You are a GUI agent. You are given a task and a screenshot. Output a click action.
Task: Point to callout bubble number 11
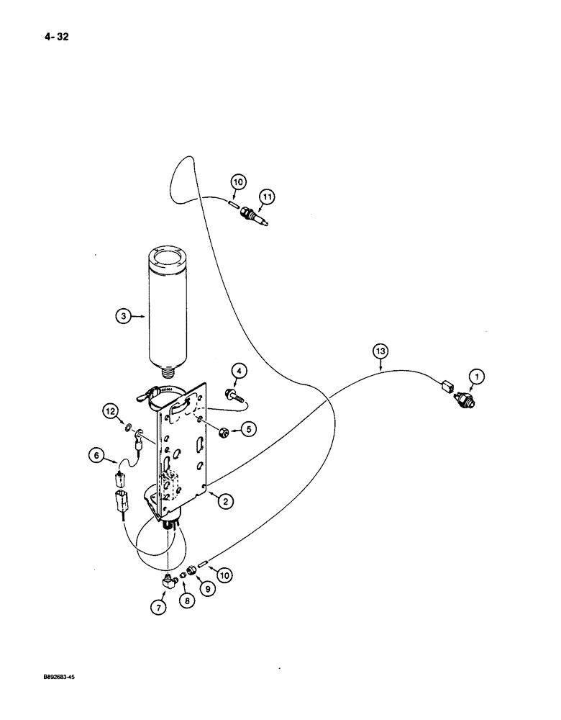click(x=267, y=197)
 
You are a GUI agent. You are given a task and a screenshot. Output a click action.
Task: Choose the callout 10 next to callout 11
click(x=238, y=181)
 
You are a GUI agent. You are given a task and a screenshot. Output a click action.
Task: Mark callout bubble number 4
click(x=240, y=372)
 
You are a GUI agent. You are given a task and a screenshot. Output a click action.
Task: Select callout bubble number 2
click(x=225, y=503)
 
